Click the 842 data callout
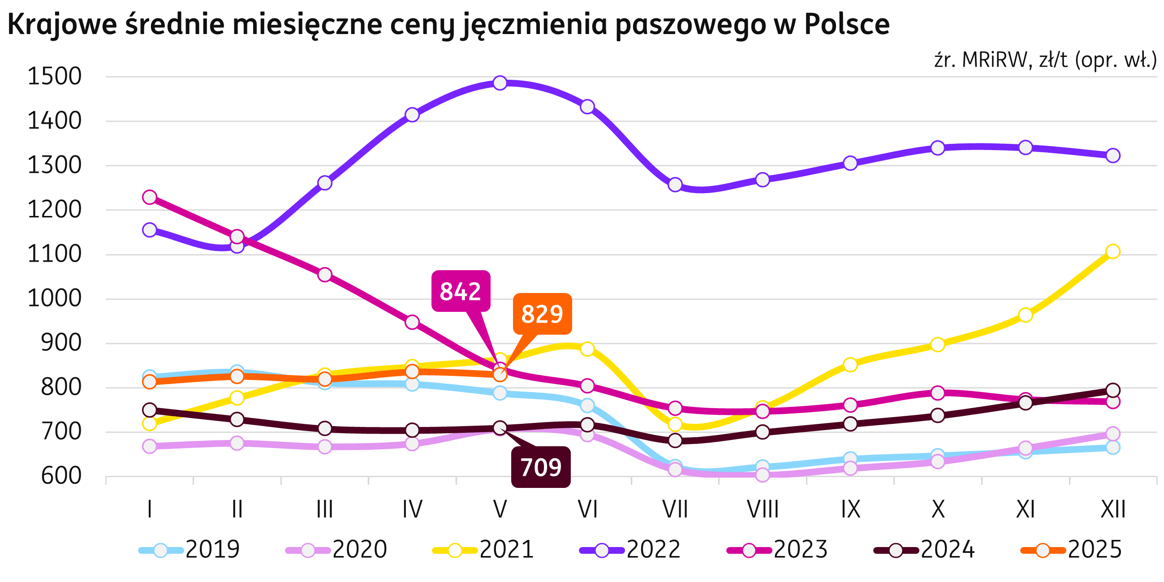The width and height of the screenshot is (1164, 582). [461, 291]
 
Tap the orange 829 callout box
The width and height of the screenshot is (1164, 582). [542, 314]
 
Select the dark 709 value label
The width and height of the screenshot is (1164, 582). [540, 467]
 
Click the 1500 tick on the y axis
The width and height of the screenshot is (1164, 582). [55, 77]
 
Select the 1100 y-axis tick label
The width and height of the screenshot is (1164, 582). [55, 254]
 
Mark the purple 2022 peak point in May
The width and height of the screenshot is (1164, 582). [500, 83]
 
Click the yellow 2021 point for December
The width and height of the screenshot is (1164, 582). [1112, 251]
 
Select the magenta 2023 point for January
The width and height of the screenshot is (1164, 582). [150, 197]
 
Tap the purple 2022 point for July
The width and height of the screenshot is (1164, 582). [675, 185]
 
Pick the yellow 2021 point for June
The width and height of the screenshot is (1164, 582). [587, 349]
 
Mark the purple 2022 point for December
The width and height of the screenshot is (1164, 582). [1112, 155]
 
